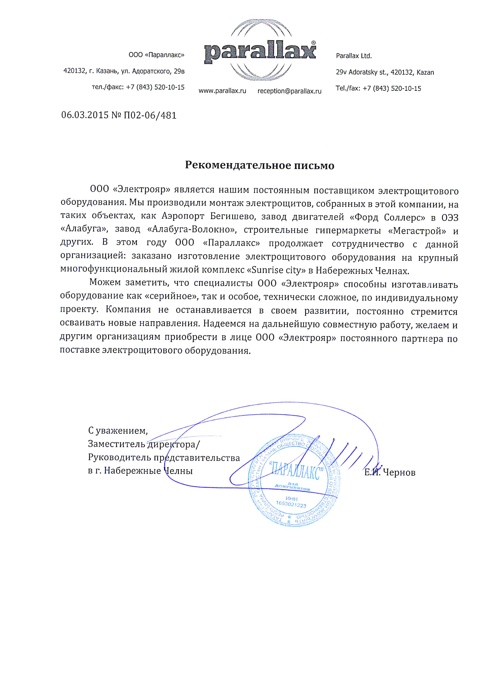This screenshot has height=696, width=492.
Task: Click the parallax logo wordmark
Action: (260, 53)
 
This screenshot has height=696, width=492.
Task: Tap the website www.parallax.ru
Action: (222, 91)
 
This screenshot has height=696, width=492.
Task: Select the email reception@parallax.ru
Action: (289, 91)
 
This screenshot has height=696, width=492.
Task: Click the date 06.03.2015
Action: (85, 115)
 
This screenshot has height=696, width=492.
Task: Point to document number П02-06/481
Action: (150, 115)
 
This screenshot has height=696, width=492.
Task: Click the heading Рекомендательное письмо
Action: (260, 165)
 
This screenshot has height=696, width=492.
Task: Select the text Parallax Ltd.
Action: (353, 56)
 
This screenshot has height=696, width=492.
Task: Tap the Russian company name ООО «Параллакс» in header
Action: (156, 55)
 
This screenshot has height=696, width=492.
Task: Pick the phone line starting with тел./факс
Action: (138, 87)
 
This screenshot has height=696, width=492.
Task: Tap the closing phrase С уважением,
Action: (118, 430)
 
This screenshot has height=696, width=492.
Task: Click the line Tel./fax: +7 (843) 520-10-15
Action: (378, 89)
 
